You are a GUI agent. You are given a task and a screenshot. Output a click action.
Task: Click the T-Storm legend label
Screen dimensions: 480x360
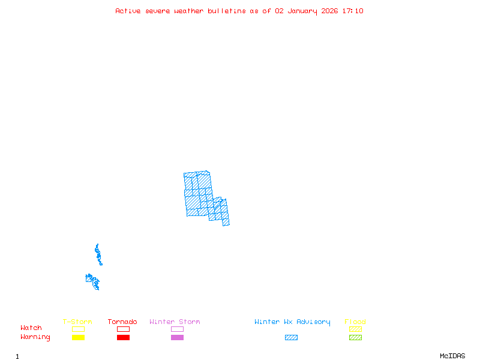78,322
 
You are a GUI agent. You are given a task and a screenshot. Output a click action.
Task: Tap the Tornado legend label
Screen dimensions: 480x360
122,322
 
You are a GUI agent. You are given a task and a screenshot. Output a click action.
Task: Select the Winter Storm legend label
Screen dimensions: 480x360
175,322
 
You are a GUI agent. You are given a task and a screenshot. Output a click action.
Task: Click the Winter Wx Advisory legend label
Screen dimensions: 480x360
292,322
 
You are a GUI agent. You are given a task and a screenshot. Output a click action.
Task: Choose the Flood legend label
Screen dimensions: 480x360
355,322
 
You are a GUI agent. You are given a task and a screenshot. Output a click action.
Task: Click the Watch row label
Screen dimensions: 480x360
31,328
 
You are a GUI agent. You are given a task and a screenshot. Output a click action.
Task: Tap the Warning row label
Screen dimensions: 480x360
35,337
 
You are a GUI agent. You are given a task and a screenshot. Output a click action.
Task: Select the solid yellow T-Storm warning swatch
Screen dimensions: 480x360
78,338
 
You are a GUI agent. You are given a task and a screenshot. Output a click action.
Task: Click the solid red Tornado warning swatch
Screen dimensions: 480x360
123,338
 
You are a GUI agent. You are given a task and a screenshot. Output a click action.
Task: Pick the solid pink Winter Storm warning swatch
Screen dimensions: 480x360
177,338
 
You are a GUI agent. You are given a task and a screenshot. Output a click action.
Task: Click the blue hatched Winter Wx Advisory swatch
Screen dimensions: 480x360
291,338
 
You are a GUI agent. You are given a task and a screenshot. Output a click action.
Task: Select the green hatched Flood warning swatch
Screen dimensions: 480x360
355,338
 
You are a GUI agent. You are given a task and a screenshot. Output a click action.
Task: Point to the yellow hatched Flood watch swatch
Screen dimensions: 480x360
355,329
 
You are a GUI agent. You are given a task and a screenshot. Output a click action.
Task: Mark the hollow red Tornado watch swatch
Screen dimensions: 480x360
123,329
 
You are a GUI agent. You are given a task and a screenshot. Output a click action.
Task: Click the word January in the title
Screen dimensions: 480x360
304,11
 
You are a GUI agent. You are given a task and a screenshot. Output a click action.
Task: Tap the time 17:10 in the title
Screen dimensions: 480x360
353,11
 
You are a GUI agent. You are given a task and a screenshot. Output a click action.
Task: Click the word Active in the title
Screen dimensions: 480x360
128,11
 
